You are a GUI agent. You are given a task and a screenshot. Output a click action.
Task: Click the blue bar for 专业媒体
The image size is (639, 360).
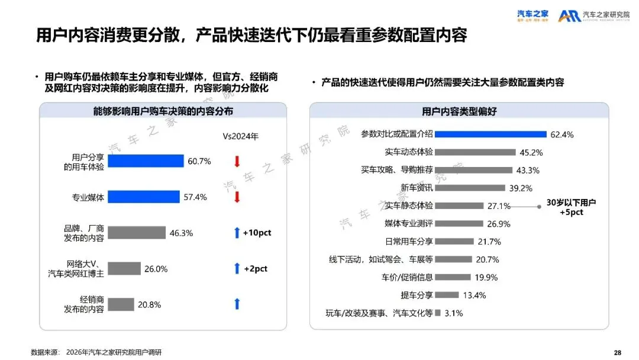click(x=143, y=197)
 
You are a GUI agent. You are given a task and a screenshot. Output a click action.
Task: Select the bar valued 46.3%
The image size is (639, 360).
click(x=136, y=233)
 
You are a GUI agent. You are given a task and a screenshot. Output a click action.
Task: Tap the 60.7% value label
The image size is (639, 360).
click(x=199, y=161)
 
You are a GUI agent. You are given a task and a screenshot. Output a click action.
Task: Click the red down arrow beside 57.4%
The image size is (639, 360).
click(x=237, y=197)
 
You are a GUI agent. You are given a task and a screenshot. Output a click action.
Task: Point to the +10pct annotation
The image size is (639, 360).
click(x=257, y=233)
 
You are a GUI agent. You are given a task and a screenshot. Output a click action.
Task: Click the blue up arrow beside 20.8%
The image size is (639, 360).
click(x=237, y=304)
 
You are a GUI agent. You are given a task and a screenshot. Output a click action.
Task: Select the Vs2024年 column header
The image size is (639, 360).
click(x=240, y=136)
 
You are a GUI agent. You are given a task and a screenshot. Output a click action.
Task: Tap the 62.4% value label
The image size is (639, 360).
click(x=562, y=134)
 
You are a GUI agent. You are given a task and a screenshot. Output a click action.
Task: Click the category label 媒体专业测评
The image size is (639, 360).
click(x=409, y=224)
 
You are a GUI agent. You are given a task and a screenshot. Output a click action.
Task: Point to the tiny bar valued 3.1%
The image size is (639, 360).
click(x=438, y=313)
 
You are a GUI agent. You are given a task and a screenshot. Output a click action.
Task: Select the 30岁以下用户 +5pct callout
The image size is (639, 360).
click(x=571, y=207)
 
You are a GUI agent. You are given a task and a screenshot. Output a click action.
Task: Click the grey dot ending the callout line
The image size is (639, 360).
click(x=539, y=207)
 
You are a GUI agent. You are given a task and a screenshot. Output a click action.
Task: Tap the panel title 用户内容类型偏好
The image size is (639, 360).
click(x=459, y=111)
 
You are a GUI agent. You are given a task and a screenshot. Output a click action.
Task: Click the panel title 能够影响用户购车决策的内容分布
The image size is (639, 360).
click(x=163, y=111)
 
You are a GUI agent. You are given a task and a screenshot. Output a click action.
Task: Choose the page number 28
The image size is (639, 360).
click(x=618, y=352)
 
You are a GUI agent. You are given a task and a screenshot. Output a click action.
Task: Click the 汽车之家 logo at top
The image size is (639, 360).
click(x=532, y=15)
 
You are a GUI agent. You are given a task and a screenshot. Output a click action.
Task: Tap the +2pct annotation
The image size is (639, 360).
click(x=256, y=269)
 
